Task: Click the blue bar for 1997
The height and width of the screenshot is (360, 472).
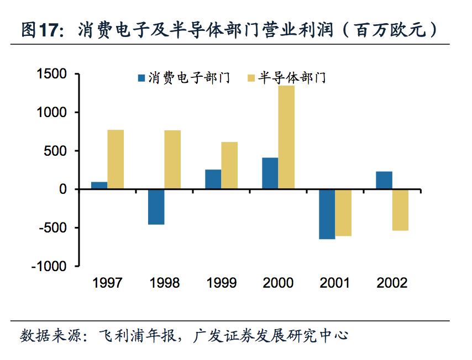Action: coord(99,186)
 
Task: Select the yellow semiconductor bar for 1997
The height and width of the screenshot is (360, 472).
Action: coord(116,160)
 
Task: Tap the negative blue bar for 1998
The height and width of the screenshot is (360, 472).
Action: coord(156,207)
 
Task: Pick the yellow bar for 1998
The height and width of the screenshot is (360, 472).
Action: coord(172,160)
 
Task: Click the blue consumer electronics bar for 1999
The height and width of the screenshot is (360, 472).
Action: coord(213,179)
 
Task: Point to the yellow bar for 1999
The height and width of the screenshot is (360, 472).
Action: coord(229,166)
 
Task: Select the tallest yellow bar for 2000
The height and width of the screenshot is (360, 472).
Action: coord(286,137)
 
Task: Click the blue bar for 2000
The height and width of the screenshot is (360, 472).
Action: coord(270,173)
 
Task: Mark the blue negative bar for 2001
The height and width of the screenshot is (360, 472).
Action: coord(327,214)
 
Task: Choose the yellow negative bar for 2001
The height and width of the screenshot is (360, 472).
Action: coord(343,213)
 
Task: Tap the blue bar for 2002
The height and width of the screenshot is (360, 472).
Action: coord(384,181)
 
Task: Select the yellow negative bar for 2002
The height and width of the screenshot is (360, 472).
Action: coord(400,210)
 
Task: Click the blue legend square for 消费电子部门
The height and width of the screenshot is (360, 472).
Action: coord(141,78)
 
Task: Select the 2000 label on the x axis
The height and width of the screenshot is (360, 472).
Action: coord(278,283)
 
